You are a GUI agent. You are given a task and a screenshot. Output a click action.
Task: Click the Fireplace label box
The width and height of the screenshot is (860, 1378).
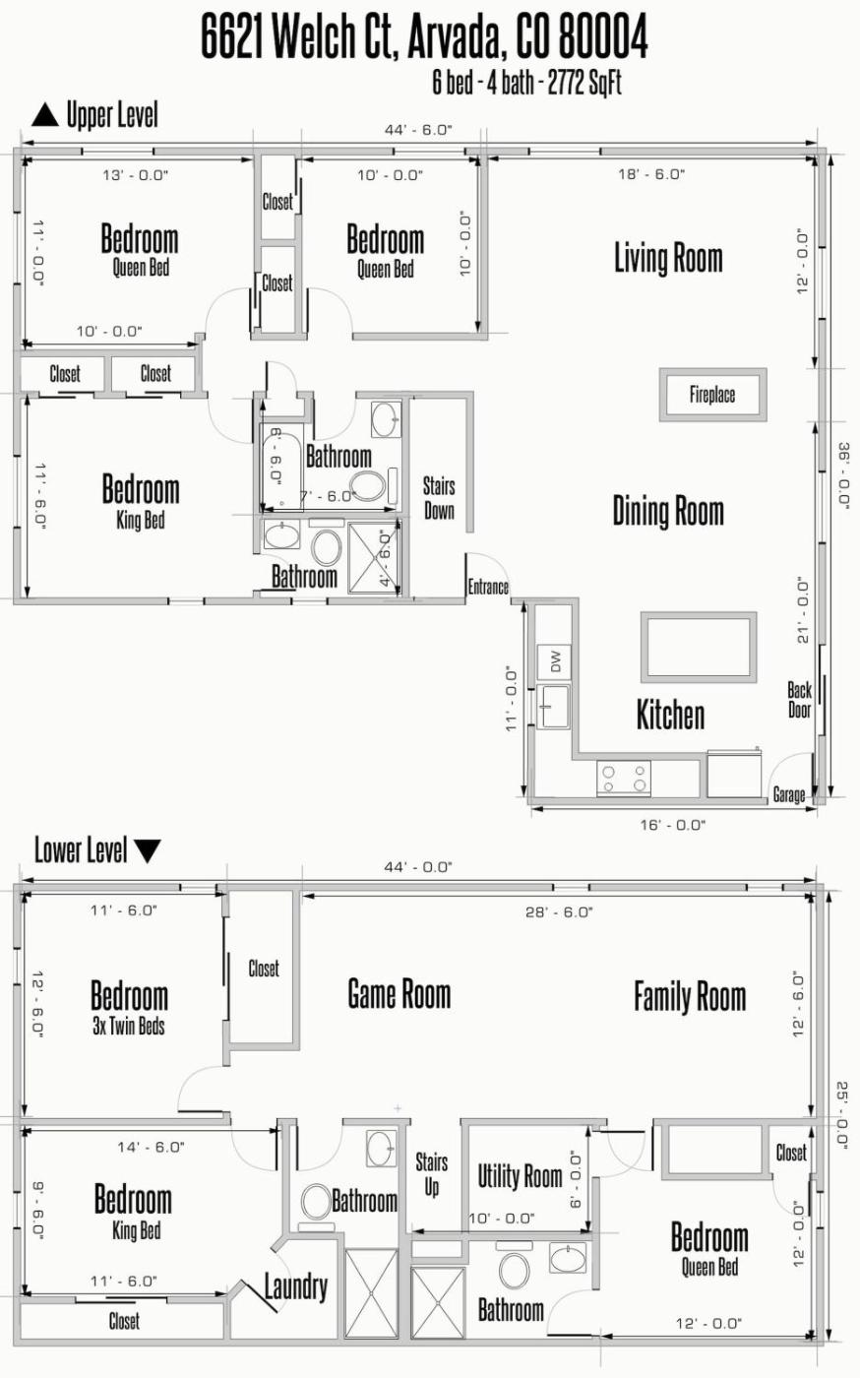pyautogui.click(x=712, y=395)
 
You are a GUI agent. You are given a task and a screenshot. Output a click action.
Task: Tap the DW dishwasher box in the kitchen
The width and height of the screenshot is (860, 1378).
pyautogui.click(x=554, y=661)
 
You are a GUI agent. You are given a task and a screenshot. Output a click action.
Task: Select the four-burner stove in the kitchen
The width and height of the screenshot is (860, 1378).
pyautogui.click(x=624, y=778)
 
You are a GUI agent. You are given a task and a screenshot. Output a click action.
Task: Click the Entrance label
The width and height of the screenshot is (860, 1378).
pyautogui.click(x=488, y=587)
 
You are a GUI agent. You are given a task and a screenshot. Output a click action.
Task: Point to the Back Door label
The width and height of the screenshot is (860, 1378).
pyautogui.click(x=799, y=700)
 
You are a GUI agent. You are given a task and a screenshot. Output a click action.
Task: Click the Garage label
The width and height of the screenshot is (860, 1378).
pyautogui.click(x=788, y=795)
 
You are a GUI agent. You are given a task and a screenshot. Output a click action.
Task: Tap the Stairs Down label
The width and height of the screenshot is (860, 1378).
pyautogui.click(x=439, y=498)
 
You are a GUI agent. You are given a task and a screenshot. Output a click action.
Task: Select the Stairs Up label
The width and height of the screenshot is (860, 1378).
pyautogui.click(x=431, y=1174)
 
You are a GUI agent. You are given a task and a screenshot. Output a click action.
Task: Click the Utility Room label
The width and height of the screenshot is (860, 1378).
pyautogui.click(x=521, y=1176)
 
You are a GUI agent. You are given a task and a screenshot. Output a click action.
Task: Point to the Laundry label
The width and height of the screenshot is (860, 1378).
pyautogui.click(x=296, y=1287)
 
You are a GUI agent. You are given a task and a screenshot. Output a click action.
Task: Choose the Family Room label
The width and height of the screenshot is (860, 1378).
pyautogui.click(x=690, y=996)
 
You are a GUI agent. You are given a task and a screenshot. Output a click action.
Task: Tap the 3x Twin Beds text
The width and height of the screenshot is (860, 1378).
pyautogui.click(x=129, y=1026)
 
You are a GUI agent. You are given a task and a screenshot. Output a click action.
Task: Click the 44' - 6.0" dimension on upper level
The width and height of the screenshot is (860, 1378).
pyautogui.click(x=418, y=130)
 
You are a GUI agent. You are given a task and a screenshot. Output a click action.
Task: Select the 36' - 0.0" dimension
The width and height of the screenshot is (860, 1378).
pyautogui.click(x=843, y=474)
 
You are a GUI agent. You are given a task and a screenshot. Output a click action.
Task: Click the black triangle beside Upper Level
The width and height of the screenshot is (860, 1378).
pyautogui.click(x=45, y=115)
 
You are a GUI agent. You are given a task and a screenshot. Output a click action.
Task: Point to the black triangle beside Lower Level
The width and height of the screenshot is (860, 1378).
pyautogui.click(x=147, y=850)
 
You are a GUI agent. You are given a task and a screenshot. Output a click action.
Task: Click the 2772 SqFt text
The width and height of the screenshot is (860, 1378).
pyautogui.click(x=584, y=83)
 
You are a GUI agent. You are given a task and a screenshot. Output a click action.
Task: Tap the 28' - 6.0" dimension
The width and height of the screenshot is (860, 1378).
pyautogui.click(x=559, y=912)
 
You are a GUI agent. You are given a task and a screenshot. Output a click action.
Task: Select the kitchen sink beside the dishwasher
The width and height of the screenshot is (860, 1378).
pyautogui.click(x=554, y=707)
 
